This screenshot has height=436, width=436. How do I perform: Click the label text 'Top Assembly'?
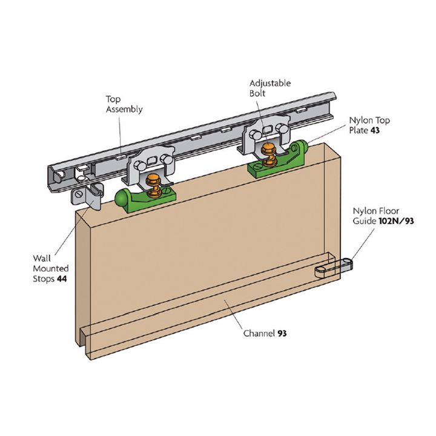124,104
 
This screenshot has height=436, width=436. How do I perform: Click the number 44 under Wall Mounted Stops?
62,279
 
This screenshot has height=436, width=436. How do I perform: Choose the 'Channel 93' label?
265,333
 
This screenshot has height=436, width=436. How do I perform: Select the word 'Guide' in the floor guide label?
366,222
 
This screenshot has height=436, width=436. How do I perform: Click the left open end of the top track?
58,176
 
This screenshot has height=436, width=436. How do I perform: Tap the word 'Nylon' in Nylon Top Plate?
361,120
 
